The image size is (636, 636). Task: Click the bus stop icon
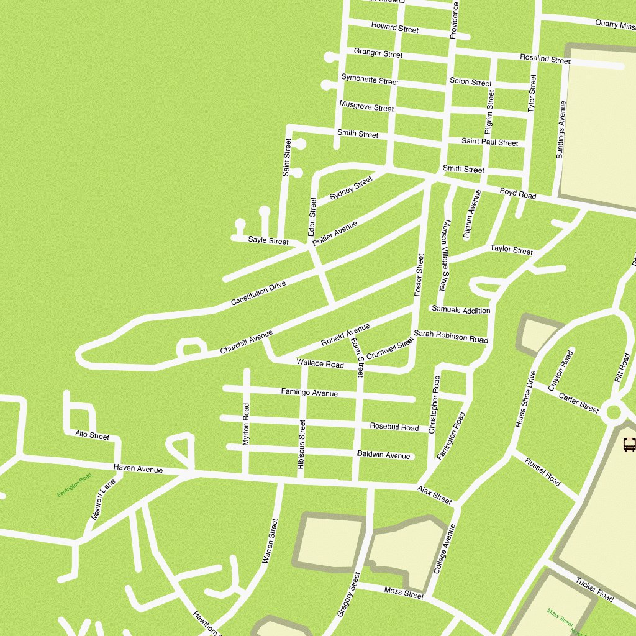tap(629, 445)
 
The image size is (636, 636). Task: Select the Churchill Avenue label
tap(247, 343)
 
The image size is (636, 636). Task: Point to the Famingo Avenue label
tap(309, 393)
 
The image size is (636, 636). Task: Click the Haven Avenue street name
tap(138, 469)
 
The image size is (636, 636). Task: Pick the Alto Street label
tap(92, 435)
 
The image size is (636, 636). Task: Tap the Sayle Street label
tap(268, 240)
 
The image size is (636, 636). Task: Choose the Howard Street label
tap(394, 27)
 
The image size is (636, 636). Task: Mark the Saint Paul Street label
tap(489, 142)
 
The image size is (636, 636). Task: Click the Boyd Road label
tap(518, 194)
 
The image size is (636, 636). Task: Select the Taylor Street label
tap(511, 250)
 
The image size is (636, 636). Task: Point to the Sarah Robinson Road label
tap(450, 337)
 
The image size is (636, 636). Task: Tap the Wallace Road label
tap(320, 363)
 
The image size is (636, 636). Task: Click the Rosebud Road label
tap(394, 427)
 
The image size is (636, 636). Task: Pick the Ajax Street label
tap(434, 494)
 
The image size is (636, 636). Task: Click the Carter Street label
tap(578, 402)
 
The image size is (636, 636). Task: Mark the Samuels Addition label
tap(461, 309)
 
